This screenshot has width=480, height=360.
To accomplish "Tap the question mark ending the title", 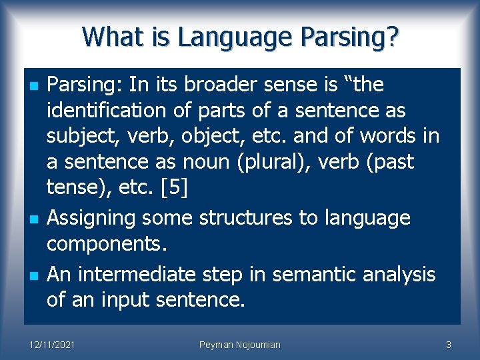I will [x=391, y=37].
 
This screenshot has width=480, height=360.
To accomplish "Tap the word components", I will [x=106, y=243].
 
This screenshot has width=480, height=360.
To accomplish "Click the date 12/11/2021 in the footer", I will [x=52, y=345].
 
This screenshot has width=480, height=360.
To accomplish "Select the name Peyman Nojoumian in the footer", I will [x=240, y=345].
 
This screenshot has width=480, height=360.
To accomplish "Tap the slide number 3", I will [x=449, y=345].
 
